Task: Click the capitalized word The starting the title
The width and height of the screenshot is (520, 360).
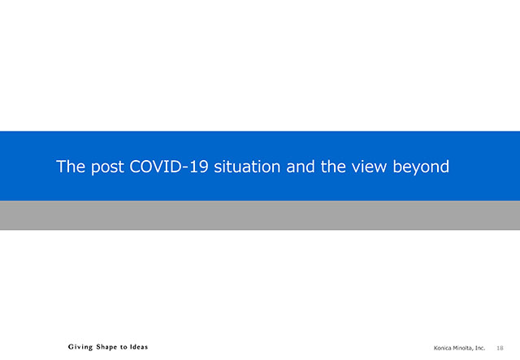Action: (71, 167)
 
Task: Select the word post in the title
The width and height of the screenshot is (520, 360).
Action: (108, 167)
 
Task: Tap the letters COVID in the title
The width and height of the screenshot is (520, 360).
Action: (155, 167)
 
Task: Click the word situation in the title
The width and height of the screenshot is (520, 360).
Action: (247, 167)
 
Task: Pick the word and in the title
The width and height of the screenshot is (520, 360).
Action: (301, 167)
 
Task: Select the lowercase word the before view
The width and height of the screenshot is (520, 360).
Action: (333, 167)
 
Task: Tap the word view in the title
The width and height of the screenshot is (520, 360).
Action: (369, 167)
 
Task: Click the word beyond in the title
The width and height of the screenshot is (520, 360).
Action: (421, 167)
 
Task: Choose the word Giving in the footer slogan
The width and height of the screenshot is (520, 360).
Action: (80, 347)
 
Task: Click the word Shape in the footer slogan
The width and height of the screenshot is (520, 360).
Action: (106, 347)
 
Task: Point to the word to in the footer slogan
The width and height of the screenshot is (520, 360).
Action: (123, 347)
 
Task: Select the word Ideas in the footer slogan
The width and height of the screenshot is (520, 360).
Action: (139, 347)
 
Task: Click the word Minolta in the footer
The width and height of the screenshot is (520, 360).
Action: (461, 348)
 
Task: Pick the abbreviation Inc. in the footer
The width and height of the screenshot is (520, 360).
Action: (480, 348)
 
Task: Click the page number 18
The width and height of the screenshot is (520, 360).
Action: (500, 348)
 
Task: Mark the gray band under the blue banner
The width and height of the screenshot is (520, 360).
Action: (260, 215)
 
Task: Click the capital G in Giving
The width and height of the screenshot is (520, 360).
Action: (71, 347)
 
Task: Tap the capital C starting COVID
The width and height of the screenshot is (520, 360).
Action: (134, 167)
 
